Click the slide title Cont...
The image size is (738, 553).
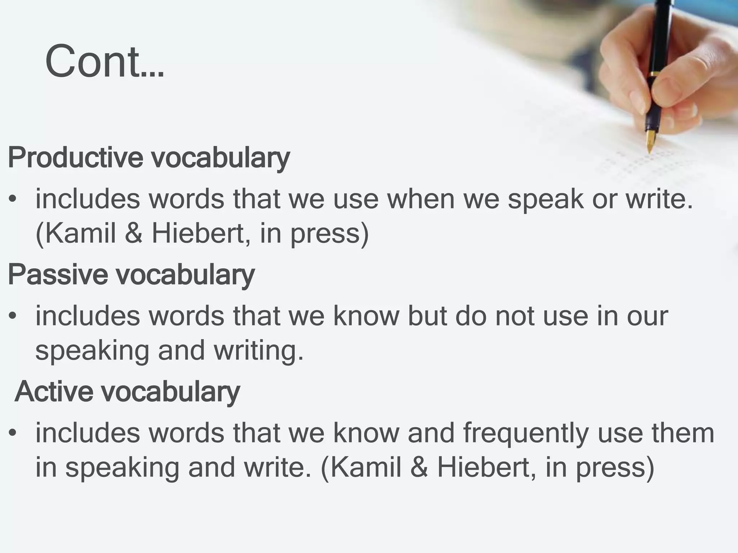(x=105, y=61)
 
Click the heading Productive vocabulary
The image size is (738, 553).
(x=148, y=157)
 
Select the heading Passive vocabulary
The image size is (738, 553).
(x=131, y=274)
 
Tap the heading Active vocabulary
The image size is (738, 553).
(x=127, y=391)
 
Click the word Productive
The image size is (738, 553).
(x=75, y=157)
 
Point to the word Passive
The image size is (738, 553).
(x=58, y=274)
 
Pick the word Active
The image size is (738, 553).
(x=53, y=391)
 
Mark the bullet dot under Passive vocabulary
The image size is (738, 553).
(x=13, y=316)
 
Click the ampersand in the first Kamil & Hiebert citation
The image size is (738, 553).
(x=134, y=234)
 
